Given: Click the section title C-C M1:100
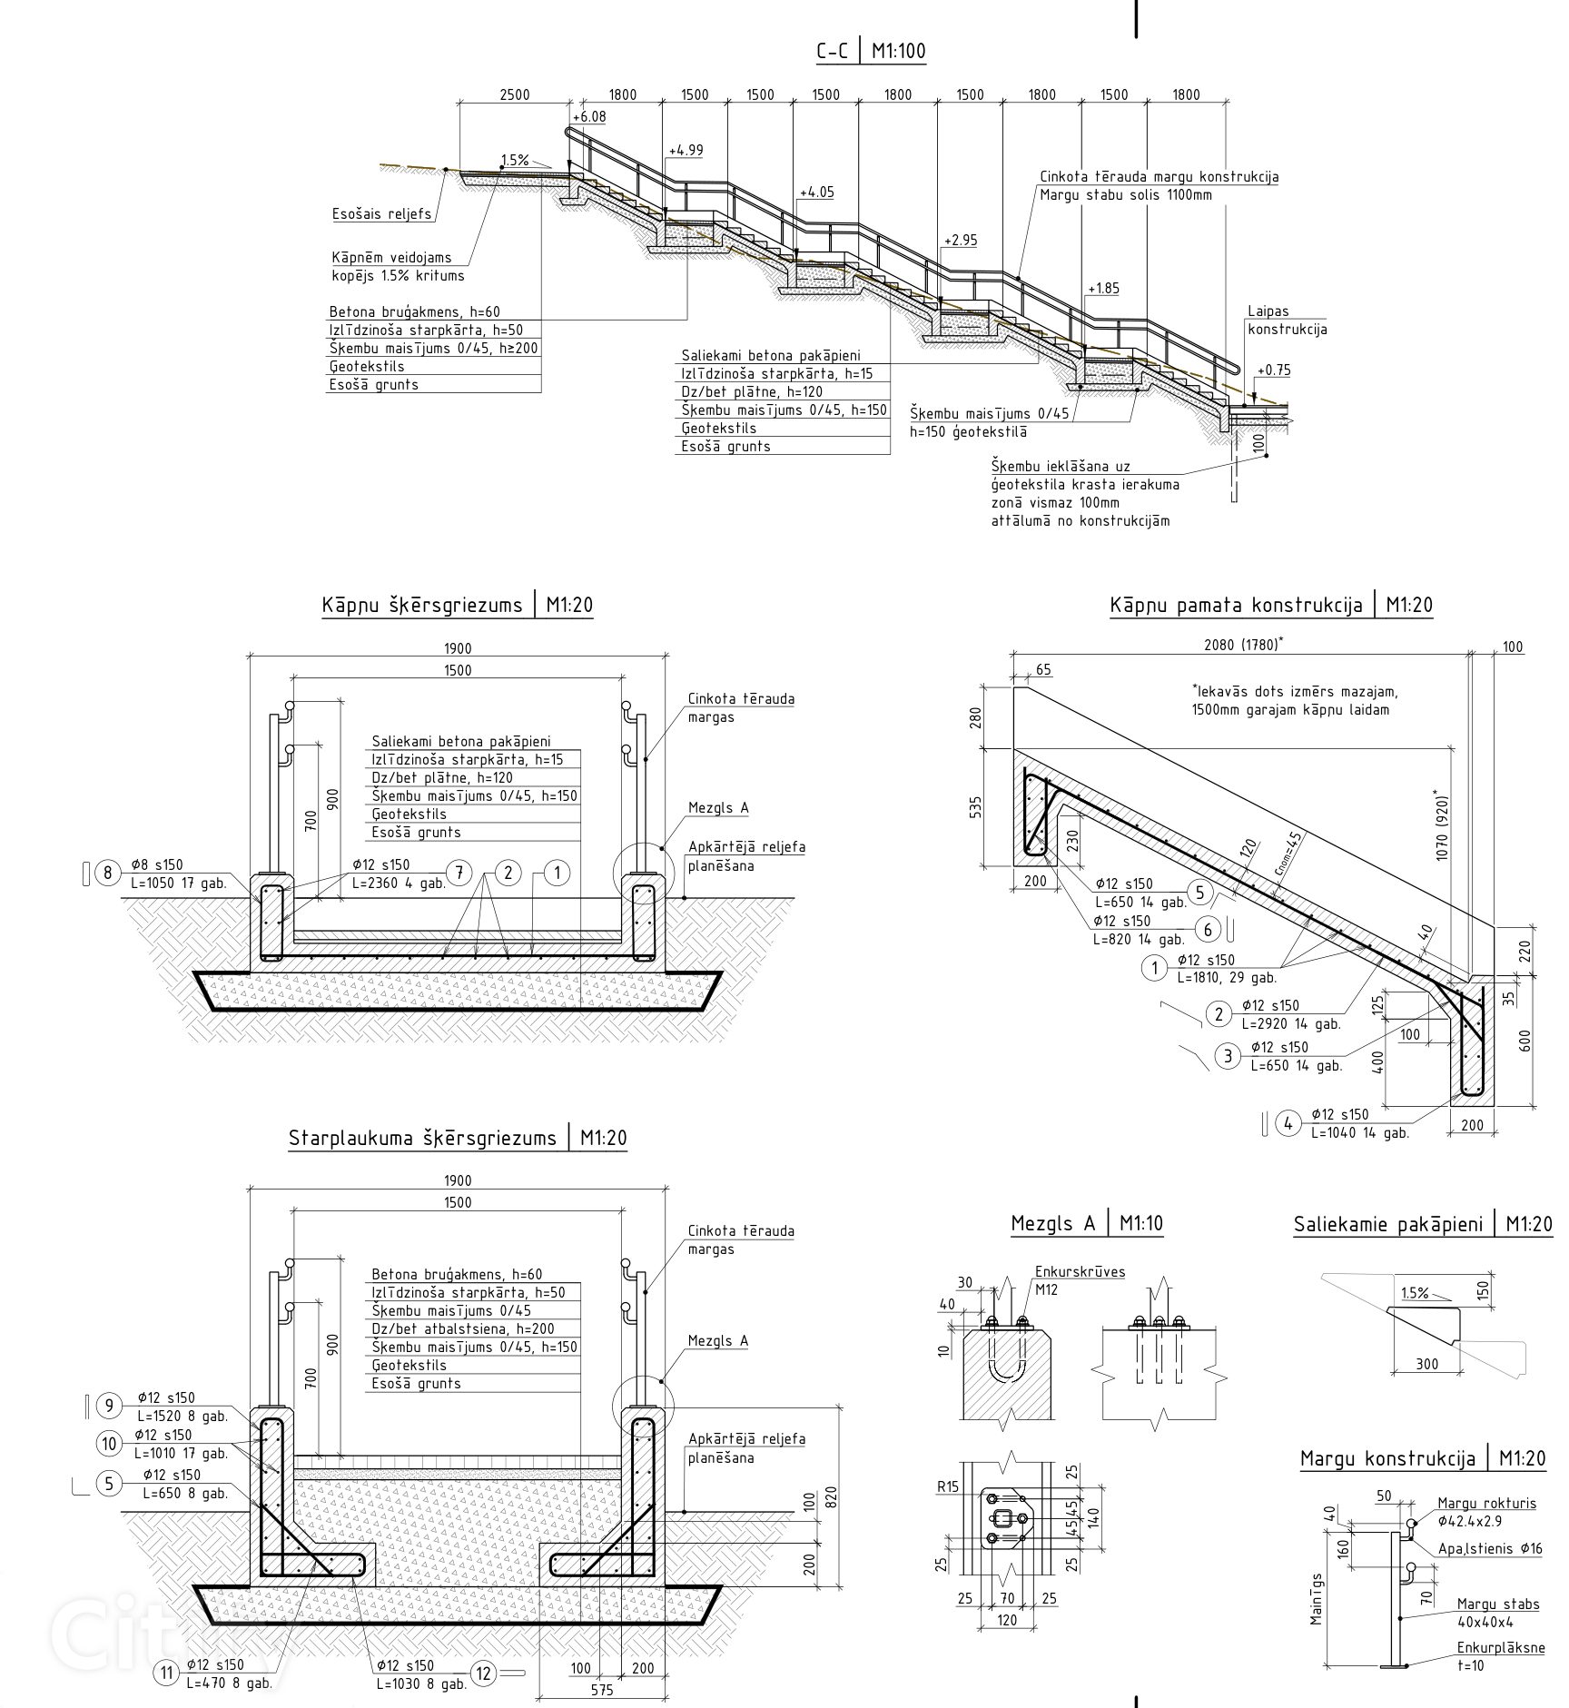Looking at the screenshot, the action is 871,51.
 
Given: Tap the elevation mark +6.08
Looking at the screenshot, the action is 590,117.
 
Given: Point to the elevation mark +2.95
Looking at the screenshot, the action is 960,241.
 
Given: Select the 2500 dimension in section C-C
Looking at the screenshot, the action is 514,94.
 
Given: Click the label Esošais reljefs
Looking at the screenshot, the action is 381,215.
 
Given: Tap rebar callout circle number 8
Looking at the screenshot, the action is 108,874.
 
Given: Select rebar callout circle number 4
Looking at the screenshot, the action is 1288,1123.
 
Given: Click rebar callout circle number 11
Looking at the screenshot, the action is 166,1673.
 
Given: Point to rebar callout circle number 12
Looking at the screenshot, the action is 484,1673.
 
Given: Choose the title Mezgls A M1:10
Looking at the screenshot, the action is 1087,1224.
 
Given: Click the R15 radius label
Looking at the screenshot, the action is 949,1486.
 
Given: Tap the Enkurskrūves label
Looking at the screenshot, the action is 1080,1272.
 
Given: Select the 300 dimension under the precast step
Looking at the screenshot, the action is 1426,1389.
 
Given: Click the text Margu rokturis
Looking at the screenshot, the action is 1486,1503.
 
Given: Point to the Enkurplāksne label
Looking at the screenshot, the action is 1501,1647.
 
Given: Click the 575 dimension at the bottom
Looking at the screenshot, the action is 602,1690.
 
